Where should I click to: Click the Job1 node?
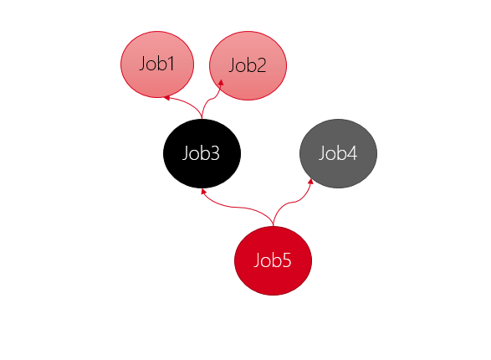coord(157,64)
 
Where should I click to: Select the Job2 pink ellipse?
coord(248,65)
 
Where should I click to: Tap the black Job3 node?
coord(202,153)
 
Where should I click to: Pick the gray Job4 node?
coord(338,153)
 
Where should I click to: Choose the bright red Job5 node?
coord(273,260)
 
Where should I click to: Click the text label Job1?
coord(156,64)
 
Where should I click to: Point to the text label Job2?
coord(248,65)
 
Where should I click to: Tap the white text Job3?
coord(201,153)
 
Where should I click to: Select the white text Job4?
coord(338,153)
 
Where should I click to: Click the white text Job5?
coord(273,260)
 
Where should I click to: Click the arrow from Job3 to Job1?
coord(187,102)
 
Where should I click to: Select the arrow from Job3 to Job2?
coord(209,100)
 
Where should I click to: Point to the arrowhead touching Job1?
coord(166,98)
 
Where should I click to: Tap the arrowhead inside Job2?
coord(221,82)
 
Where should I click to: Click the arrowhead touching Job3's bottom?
coord(203,191)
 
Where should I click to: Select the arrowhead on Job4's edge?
coord(310,181)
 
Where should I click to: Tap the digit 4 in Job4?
coord(351,153)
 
